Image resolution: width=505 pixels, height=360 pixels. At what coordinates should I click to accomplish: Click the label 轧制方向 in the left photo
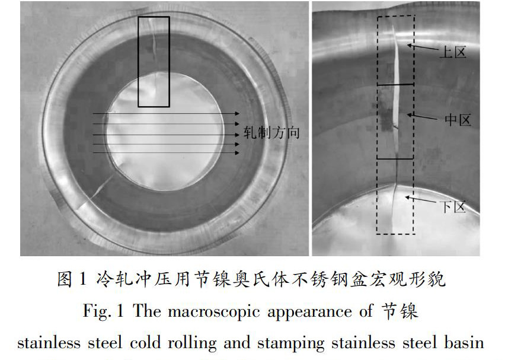271,132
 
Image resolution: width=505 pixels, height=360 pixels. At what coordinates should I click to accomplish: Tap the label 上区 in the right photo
453,52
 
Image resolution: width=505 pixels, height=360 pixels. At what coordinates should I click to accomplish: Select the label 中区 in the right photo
458,120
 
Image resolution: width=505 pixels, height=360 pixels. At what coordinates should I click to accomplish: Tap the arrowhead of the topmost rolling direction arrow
236,113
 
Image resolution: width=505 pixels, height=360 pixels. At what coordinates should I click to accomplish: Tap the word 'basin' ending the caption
466,343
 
